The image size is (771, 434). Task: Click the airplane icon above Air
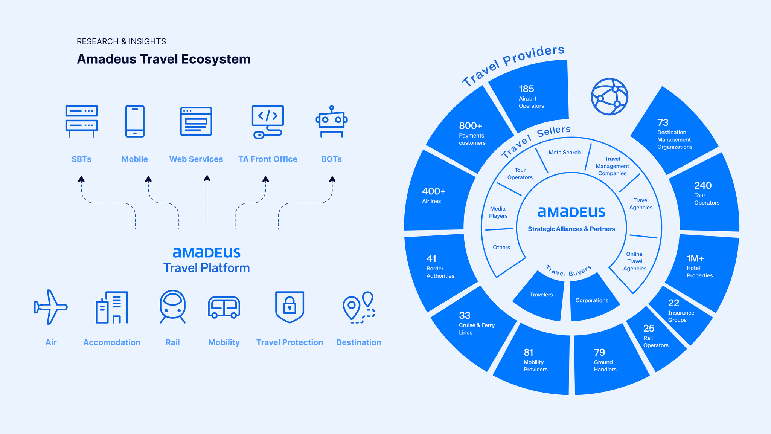tap(50, 307)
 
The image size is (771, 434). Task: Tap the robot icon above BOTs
tap(331, 121)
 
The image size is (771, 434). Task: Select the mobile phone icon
tap(135, 121)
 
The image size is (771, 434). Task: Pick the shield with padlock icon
tap(290, 307)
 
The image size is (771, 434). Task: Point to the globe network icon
tap(609, 96)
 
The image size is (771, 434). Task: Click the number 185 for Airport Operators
tap(526, 89)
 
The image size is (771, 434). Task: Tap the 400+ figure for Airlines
tap(434, 191)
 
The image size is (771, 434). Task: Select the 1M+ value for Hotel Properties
tap(695, 258)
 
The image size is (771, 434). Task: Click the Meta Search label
tap(564, 153)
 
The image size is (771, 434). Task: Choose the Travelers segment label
tap(541, 295)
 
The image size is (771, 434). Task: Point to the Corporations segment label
tap(592, 300)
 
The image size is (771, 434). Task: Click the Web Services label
tap(196, 159)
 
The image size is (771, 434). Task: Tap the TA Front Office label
tap(268, 159)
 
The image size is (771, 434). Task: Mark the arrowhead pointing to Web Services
tap(207, 178)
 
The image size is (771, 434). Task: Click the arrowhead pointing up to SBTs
tap(81, 179)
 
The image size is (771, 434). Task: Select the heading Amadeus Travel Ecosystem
tap(163, 59)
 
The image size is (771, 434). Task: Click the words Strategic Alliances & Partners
tap(571, 229)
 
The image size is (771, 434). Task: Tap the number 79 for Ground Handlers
tap(599, 353)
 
